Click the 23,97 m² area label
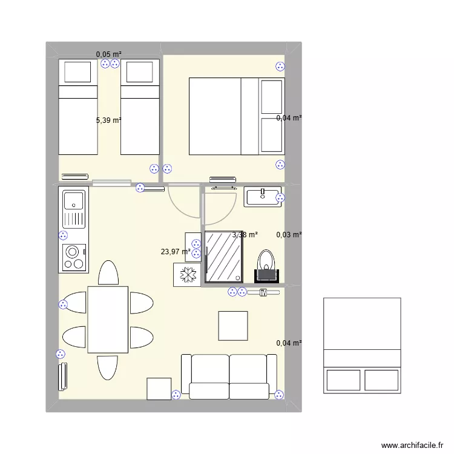176,252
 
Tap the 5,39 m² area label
108,120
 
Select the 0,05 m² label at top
108,54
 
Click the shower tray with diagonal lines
223,257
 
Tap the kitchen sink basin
74,200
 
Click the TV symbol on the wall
263,292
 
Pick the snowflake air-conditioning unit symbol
188,275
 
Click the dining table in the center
108,320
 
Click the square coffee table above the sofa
233,326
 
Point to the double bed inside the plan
236,116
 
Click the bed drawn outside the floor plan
362,346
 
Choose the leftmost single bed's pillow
77,72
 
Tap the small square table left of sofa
159,389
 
